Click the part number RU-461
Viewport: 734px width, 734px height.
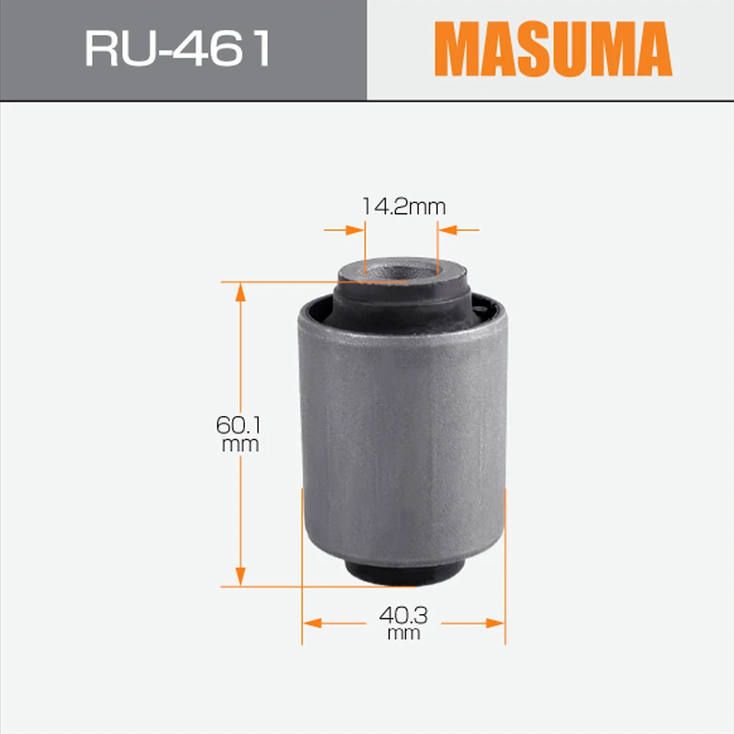pyautogui.click(x=178, y=50)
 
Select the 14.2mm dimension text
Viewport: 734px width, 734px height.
pyautogui.click(x=403, y=206)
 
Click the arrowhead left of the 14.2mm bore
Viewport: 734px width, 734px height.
pyautogui.click(x=357, y=230)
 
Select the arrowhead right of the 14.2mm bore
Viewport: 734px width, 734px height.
pyautogui.click(x=446, y=230)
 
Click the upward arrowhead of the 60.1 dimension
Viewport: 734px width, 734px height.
pyautogui.click(x=240, y=291)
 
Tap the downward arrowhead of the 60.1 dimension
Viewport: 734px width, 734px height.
pyautogui.click(x=240, y=577)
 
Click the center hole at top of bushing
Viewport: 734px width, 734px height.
pyautogui.click(x=401, y=269)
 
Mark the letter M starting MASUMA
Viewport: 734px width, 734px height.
pyautogui.click(x=459, y=50)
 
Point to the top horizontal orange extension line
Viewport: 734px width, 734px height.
pyautogui.click(x=279, y=281)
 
